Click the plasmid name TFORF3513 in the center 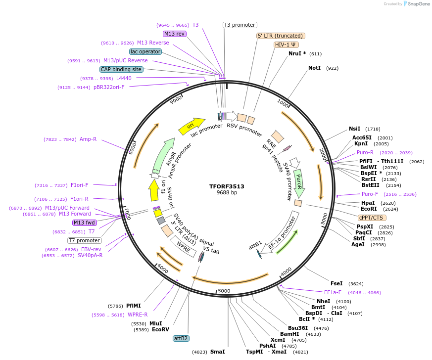[x=227, y=186]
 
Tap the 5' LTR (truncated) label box [x=281, y=36]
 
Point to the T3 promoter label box [x=240, y=25]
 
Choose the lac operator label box [x=145, y=51]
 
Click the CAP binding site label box [x=121, y=69]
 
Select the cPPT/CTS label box [x=372, y=218]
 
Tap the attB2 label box [x=181, y=338]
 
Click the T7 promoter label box [x=85, y=240]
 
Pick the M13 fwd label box [x=84, y=223]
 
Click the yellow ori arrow [x=192, y=126]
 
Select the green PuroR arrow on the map [x=298, y=180]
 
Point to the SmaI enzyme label [x=217, y=352]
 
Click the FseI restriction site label [x=336, y=283]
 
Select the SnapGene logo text [x=419, y=4]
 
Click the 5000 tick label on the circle [x=224, y=291]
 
